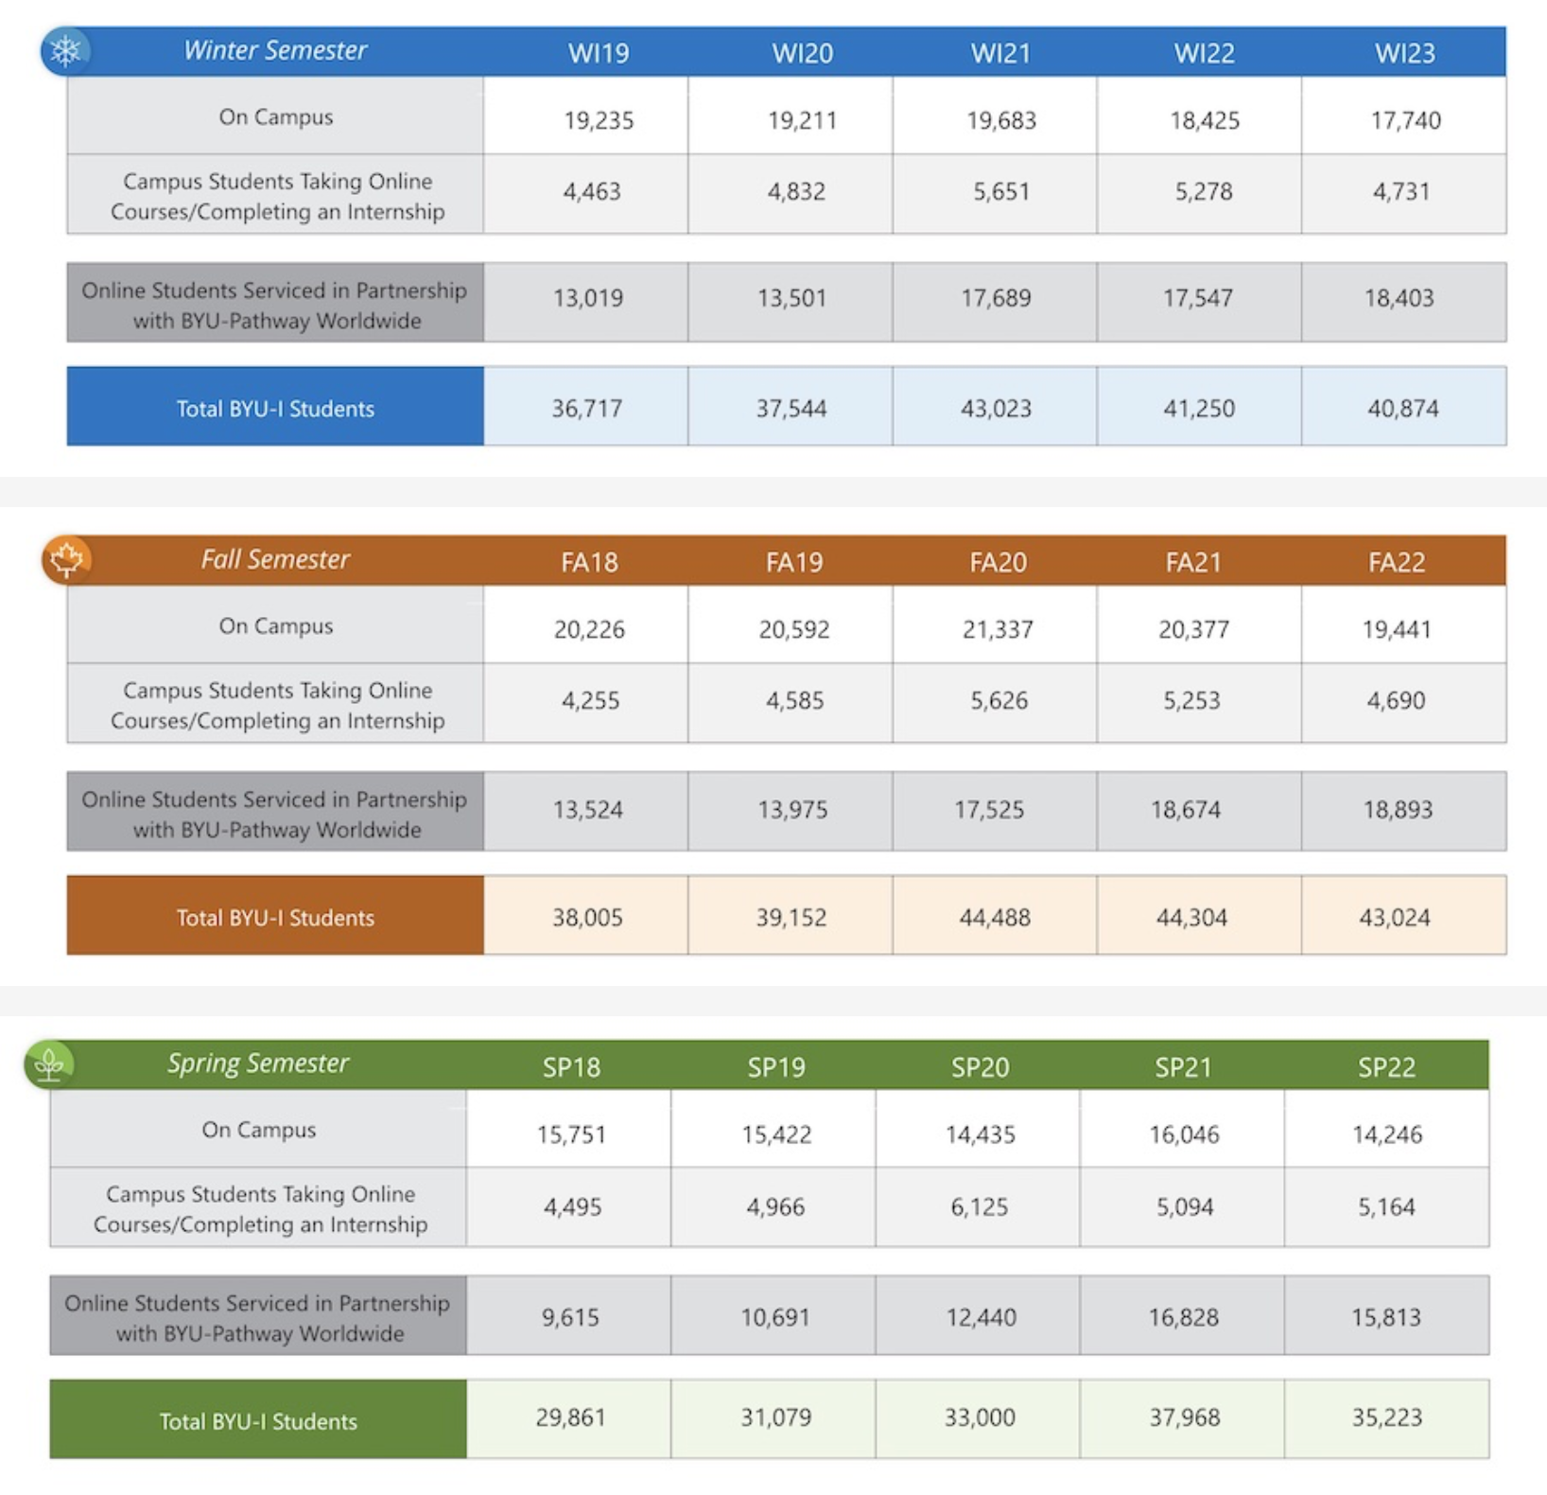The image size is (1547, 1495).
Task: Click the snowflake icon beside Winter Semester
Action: coord(65,50)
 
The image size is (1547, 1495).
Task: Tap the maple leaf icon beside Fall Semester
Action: coord(66,559)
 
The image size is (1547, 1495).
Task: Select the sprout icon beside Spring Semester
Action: coord(49,1064)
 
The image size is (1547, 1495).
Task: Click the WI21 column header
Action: coord(1000,53)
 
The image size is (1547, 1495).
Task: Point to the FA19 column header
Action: coord(793,562)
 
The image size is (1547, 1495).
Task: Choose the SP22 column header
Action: coord(1386,1067)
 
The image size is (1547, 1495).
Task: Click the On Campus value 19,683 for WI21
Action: coord(1000,120)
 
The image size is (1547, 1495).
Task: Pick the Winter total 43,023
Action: coord(996,409)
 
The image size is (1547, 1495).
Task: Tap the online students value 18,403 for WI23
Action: coord(1399,298)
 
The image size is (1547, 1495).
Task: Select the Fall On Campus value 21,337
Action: coord(998,629)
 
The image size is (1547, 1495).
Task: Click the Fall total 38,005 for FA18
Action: coord(587,917)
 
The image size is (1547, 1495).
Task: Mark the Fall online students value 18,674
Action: coord(1186,809)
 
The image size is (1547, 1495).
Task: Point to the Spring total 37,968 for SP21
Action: coord(1184,1417)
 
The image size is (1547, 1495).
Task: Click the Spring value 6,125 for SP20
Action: coord(979,1206)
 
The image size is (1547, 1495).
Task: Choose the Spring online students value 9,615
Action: coord(570,1317)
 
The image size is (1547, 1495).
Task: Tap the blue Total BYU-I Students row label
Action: coord(275,409)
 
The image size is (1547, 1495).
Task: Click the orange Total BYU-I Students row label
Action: coord(275,917)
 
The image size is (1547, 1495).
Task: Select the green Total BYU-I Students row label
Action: coord(258,1421)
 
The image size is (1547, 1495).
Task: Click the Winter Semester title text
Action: coord(274,50)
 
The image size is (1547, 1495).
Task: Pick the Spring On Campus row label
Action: coord(258,1130)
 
